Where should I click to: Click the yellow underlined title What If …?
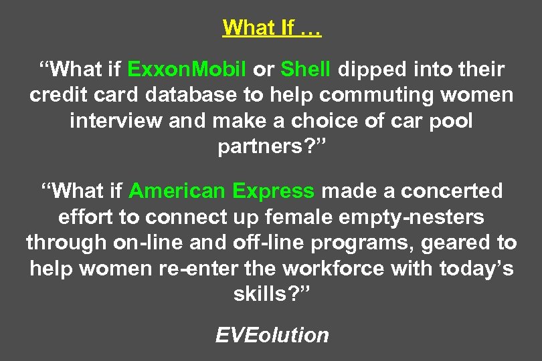click(x=271, y=28)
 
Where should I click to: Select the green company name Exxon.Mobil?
click(x=187, y=70)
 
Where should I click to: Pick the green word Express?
click(x=273, y=191)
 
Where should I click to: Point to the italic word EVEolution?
click(x=272, y=334)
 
